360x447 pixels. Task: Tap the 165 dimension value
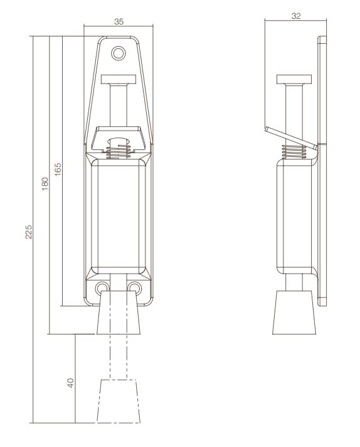coord(57,170)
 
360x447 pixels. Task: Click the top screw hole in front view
coord(118,52)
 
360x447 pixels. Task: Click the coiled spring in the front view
coord(117,151)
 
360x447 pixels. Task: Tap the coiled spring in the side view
coord(293,151)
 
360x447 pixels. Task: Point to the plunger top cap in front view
coord(118,80)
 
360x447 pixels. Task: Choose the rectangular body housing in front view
coord(118,213)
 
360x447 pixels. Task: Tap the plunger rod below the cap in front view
coord(118,104)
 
